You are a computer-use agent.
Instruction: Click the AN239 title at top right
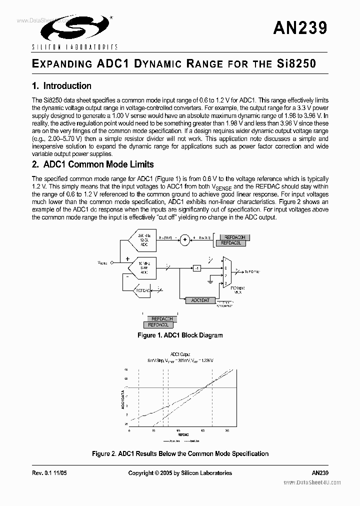tap(300, 28)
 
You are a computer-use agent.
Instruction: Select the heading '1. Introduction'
tap(61, 86)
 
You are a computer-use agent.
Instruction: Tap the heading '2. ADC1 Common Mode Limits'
tap(92, 164)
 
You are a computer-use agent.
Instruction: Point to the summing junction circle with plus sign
tap(184, 240)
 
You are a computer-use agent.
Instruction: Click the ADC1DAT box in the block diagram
tap(200, 300)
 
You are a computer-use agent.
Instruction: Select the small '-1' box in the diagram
tap(197, 269)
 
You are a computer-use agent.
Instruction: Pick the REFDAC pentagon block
tap(144, 290)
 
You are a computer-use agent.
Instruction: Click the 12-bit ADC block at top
tap(142, 240)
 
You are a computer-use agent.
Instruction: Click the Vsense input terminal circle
tap(112, 262)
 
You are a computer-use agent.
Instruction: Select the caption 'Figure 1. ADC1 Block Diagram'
tap(180, 335)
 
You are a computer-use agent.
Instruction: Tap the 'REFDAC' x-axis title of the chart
tap(183, 435)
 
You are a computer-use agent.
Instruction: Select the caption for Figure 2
tap(180, 454)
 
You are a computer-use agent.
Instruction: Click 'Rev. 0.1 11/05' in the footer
tap(49, 473)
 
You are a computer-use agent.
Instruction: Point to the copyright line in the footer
tap(180, 473)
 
